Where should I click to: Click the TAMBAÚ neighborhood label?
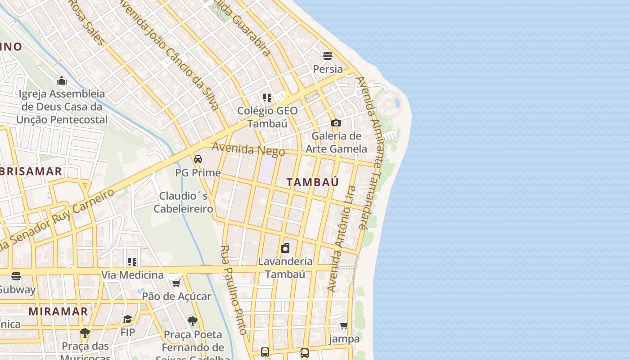312,182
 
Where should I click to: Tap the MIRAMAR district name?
58,311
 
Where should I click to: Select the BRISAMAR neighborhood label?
31,171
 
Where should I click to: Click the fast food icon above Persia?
328,56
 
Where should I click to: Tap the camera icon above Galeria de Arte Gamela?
336,123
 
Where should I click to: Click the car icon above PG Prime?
198,159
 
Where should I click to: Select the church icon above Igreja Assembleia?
62,81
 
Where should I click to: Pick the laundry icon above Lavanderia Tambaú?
285,248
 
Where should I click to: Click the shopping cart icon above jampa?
344,325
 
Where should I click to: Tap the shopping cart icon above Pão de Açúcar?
176,283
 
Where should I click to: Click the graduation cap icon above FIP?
128,319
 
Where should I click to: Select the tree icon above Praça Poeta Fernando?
193,321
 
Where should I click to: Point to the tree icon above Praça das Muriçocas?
85,333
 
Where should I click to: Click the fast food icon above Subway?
16,276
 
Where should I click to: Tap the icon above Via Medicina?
132,261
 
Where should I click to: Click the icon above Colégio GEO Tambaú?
267,97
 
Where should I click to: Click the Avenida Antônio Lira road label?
341,238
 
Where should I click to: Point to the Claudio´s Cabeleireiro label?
183,202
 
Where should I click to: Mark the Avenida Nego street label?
248,149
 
